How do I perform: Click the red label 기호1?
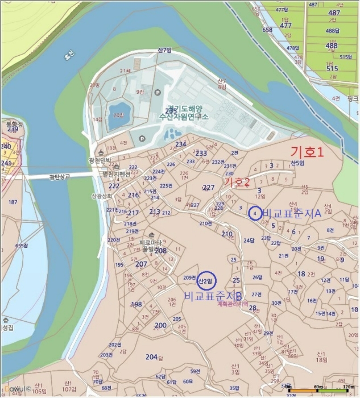click(307, 152)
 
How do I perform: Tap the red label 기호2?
click(238, 183)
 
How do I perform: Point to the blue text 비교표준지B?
click(213, 296)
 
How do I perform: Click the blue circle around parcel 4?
click(255, 214)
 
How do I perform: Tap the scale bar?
click(321, 391)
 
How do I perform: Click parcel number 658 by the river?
click(267, 30)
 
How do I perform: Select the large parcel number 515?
click(332, 68)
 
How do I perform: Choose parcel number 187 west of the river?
click(13, 202)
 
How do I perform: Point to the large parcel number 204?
click(151, 356)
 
